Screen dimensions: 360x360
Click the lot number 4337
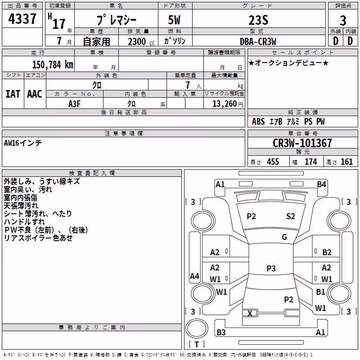(22, 19)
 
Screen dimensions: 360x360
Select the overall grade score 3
(343, 21)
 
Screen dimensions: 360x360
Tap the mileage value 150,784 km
(53, 65)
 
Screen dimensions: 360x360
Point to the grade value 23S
(258, 20)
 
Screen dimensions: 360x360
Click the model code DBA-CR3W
(258, 41)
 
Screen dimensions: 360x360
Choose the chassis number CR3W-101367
(302, 143)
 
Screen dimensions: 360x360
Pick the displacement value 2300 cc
(141, 42)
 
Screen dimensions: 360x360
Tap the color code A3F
(74, 104)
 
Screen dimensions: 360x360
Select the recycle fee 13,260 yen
(228, 104)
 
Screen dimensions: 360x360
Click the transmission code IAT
(13, 94)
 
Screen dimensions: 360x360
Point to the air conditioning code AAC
(35, 94)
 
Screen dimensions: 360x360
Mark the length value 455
(273, 162)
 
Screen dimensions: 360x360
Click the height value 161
(346, 162)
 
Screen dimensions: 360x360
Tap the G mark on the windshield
(284, 237)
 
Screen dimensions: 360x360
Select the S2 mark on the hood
(290, 216)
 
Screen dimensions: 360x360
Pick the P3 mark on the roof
(271, 268)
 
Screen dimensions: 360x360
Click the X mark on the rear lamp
(250, 313)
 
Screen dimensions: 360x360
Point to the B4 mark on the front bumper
(321, 184)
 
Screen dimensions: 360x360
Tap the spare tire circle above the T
(197, 328)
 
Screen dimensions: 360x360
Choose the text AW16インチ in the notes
(23, 143)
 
